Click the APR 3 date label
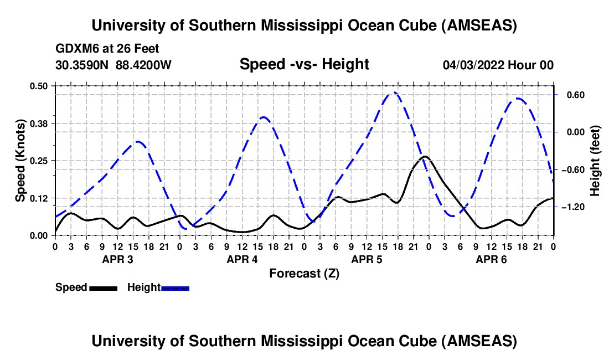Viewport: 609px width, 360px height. click(x=117, y=259)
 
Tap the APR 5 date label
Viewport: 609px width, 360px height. click(x=367, y=259)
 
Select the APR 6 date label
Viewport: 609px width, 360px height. click(x=491, y=259)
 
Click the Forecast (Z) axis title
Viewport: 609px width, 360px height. click(x=304, y=273)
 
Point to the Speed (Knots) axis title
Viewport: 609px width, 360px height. click(x=20, y=161)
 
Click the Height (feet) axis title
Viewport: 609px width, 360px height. click(x=595, y=161)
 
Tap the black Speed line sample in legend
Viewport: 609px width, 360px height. click(x=103, y=288)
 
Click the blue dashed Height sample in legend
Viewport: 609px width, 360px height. click(x=175, y=288)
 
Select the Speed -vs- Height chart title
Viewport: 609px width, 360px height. click(x=304, y=64)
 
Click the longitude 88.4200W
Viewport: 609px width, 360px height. click(x=143, y=65)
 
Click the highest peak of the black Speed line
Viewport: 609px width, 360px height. click(x=425, y=157)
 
